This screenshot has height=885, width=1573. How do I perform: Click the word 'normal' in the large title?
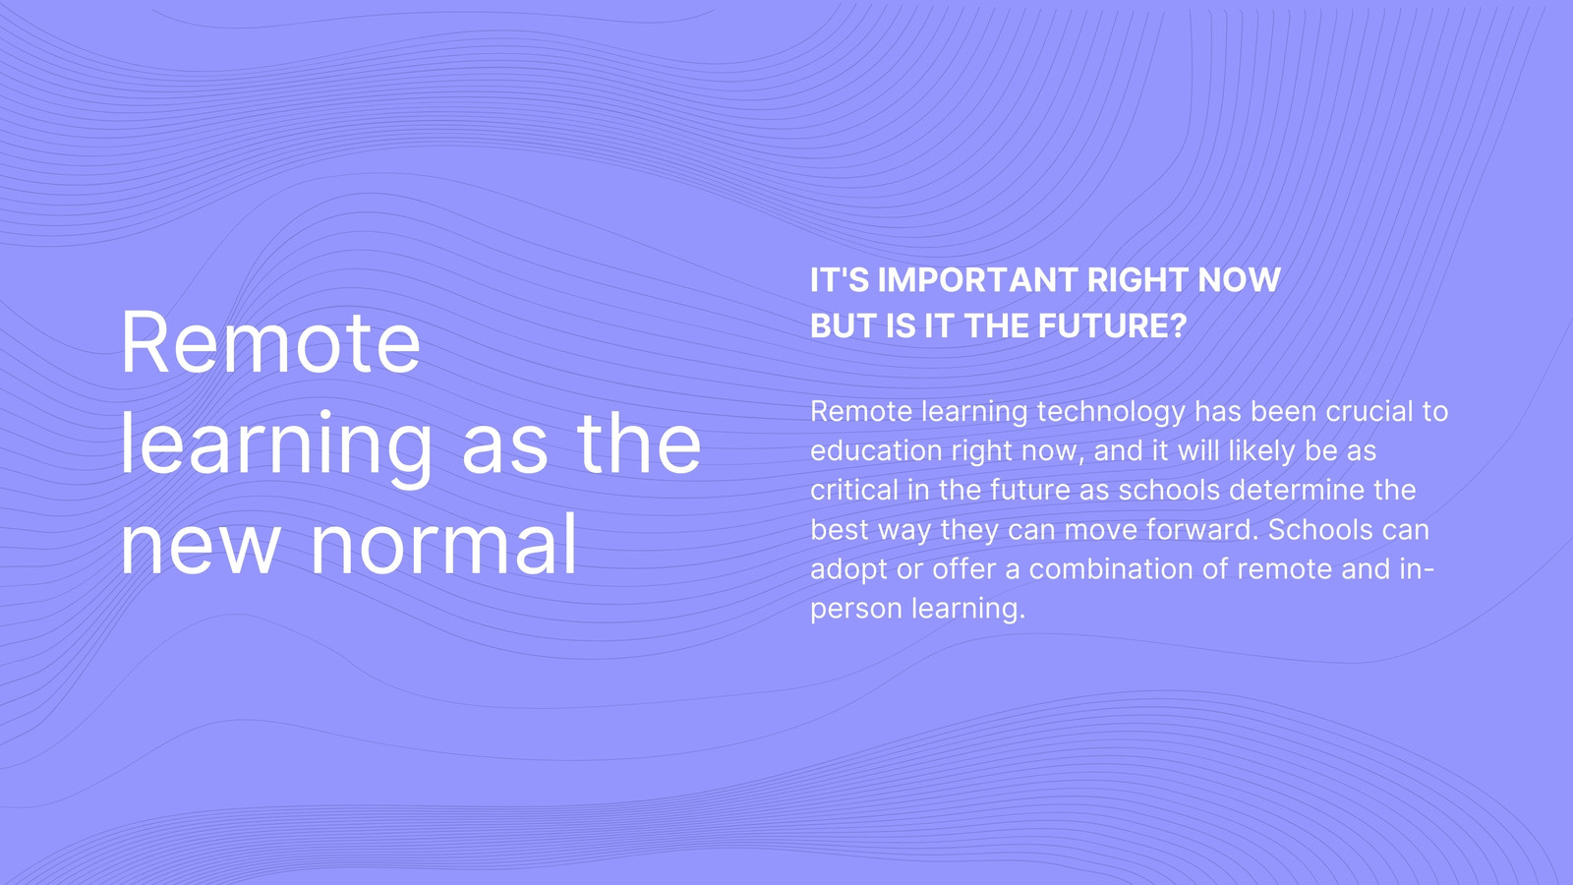tap(443, 544)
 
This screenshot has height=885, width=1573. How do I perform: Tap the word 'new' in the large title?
tap(201, 551)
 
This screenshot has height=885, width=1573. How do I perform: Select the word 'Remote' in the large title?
tap(271, 343)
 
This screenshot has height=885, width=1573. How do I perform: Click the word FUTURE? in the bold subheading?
tap(1112, 325)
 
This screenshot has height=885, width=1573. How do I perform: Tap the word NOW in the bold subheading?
tap(1240, 279)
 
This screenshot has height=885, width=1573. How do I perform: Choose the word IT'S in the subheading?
tap(840, 279)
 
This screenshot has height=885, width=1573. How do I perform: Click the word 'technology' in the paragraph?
tap(1111, 412)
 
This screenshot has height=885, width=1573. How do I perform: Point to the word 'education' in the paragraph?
tap(876, 451)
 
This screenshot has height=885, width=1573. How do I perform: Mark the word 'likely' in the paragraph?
tap(1262, 451)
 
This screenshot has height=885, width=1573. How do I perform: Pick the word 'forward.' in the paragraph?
tap(1202, 530)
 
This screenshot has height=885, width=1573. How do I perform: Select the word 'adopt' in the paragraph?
tap(849, 569)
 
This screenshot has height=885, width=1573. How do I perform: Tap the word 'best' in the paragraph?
tap(840, 530)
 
